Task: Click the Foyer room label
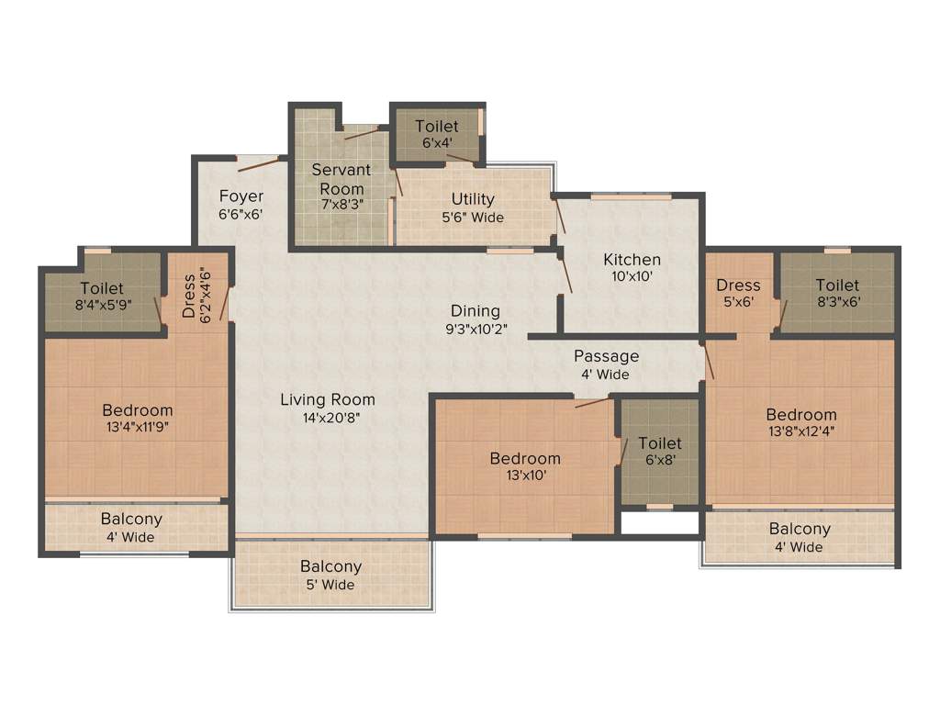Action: (x=241, y=196)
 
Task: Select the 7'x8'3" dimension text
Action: (x=341, y=204)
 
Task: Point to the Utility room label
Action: (x=473, y=199)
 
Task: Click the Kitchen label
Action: (x=632, y=260)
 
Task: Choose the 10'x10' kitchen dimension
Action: (x=632, y=275)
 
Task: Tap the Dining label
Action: (x=475, y=311)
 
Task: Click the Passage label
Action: (x=606, y=356)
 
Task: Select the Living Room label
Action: (x=328, y=399)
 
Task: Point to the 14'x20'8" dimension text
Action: (x=328, y=418)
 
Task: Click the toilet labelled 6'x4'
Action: (x=436, y=134)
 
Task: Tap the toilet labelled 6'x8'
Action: (x=660, y=452)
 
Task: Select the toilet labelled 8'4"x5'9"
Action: (x=101, y=297)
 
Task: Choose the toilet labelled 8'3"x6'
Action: (x=837, y=293)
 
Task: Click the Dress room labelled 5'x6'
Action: (x=738, y=293)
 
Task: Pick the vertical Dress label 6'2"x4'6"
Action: (x=196, y=294)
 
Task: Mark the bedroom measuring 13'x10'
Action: (x=524, y=466)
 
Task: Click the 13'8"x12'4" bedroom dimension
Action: (x=801, y=431)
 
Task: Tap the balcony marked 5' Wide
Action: (x=330, y=576)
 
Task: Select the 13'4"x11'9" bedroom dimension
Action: (x=137, y=427)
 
